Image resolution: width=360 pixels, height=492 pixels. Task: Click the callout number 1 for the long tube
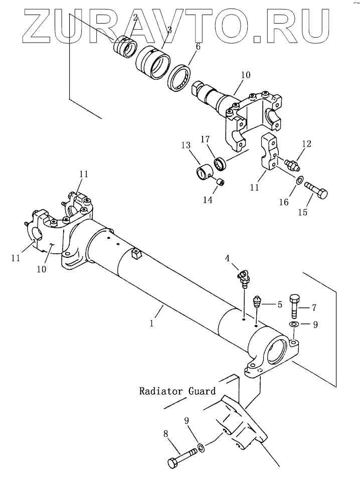pos(152,323)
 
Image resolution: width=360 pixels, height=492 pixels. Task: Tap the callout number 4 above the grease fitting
pos(227,258)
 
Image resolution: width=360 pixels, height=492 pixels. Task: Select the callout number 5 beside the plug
pos(279,304)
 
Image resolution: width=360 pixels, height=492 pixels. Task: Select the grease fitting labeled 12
pos(292,164)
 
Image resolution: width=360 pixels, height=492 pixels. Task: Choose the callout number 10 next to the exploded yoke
pos(246,75)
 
